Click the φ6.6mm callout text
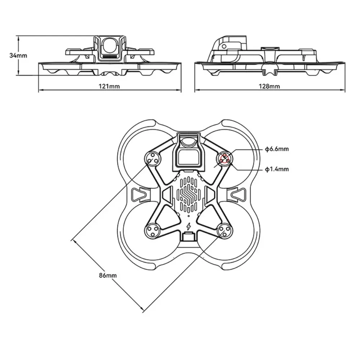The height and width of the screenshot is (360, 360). (276, 149)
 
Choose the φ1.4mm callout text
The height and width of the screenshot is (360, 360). (276, 168)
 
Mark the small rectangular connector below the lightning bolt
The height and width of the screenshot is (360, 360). (189, 237)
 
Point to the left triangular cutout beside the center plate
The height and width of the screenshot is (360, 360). (167, 196)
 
